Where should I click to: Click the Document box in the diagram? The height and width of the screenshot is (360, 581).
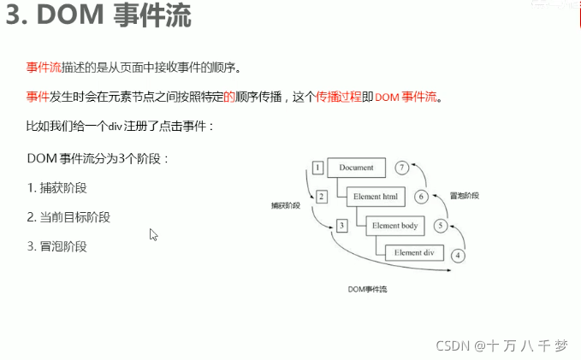(x=356, y=168)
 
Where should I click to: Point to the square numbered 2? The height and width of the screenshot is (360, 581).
(x=321, y=197)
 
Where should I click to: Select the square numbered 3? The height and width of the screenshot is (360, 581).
(x=341, y=226)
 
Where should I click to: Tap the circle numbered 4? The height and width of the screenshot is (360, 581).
(x=459, y=255)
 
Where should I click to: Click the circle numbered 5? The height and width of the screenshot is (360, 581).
(x=441, y=226)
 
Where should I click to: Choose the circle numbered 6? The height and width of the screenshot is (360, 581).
(x=421, y=197)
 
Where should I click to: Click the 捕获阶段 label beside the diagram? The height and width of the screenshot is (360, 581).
(x=286, y=205)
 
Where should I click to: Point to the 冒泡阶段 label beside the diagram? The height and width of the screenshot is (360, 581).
(x=465, y=195)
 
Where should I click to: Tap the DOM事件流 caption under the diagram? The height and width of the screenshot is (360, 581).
(x=367, y=290)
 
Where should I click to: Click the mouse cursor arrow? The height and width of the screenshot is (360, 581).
(x=154, y=234)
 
